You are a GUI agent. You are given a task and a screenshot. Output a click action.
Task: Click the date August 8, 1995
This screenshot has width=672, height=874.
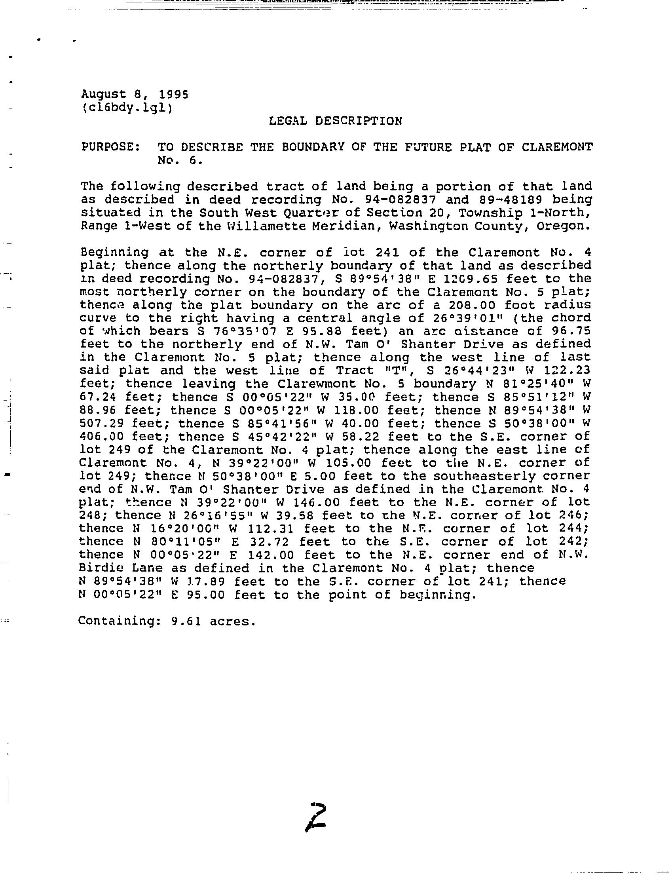[135, 94]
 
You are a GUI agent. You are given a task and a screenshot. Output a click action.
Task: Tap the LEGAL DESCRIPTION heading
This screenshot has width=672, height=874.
[336, 121]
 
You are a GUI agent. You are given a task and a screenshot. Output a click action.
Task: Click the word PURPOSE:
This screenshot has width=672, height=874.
[110, 147]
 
